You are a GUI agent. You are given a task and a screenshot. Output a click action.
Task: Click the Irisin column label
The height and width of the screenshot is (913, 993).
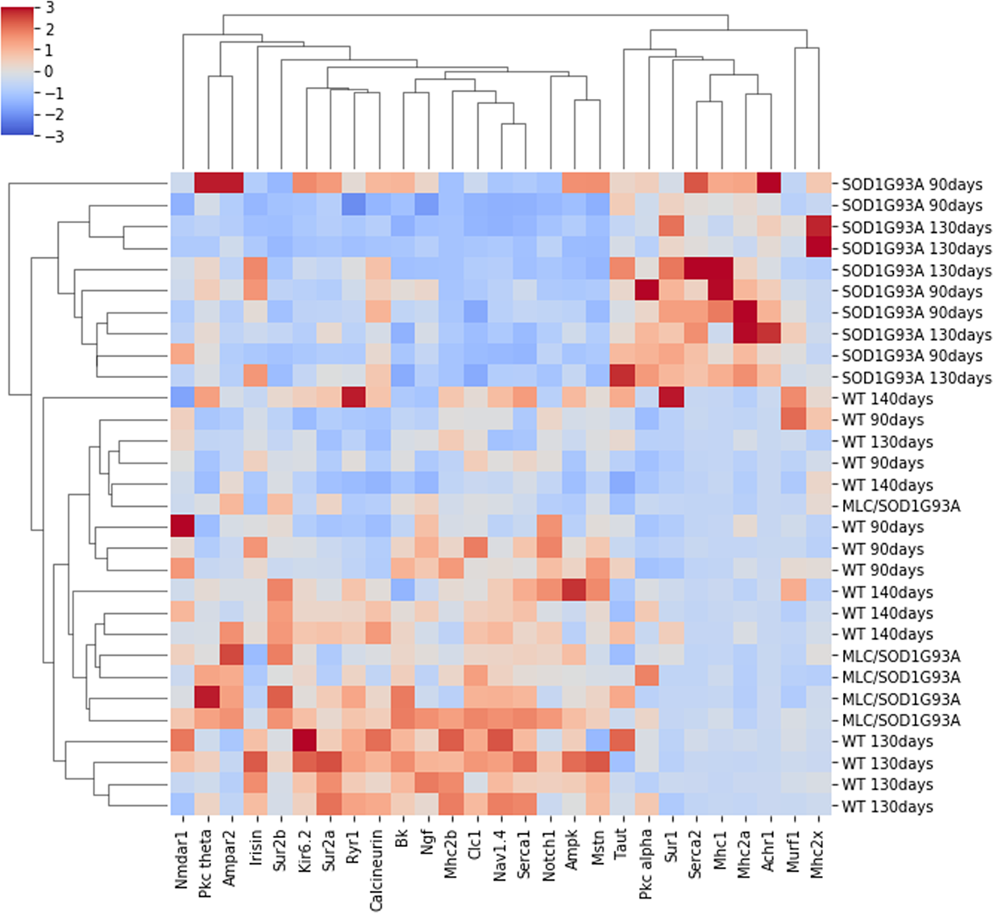(x=256, y=852)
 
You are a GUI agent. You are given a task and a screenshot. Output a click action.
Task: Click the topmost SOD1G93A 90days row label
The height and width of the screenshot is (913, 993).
(x=912, y=185)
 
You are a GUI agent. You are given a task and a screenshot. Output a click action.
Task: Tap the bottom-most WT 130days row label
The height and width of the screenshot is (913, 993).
(x=887, y=807)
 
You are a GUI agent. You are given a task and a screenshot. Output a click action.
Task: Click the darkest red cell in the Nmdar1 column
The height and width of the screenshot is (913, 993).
(x=182, y=527)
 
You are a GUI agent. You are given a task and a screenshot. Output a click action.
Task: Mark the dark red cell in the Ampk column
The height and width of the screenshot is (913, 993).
(x=573, y=591)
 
